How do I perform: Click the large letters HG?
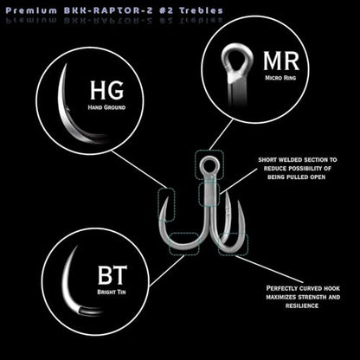pos(106,90)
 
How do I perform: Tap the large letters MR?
pos(281,61)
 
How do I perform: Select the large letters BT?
pos(112,275)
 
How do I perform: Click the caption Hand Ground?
pos(106,107)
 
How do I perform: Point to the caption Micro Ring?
pos(280,78)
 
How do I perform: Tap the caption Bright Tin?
pos(112,292)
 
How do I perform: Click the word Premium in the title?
pos(31,10)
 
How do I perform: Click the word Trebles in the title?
pos(202,10)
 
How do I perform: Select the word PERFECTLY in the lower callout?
pos(281,288)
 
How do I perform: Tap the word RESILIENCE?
pos(302,305)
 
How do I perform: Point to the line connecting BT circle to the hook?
pos(167,271)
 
